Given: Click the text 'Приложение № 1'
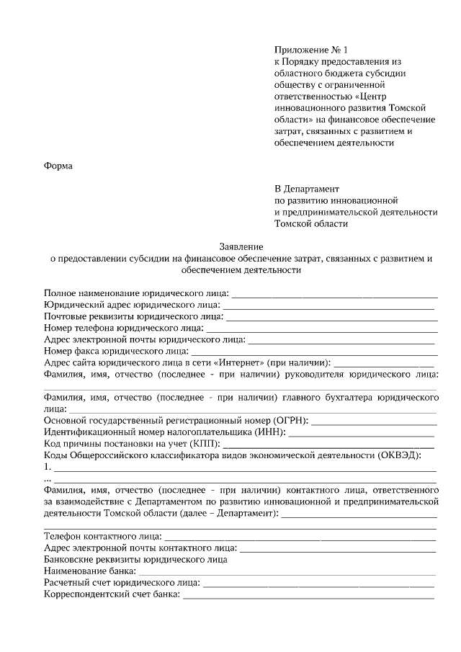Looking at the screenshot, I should (310, 50).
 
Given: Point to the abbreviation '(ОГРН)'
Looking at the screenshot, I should (289, 421).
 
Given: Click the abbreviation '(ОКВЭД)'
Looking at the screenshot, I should (396, 455).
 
